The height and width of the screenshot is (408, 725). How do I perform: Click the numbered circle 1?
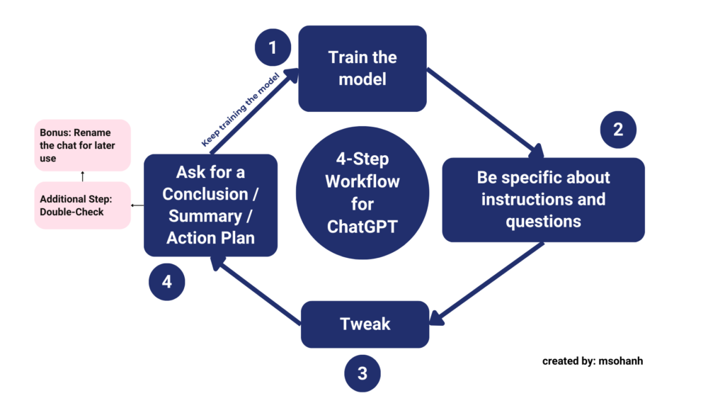pos(273,48)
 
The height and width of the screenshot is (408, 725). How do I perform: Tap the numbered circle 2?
pos(618,130)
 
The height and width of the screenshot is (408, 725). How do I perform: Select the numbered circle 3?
pos(362,373)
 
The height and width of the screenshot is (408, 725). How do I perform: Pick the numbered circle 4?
pos(166,281)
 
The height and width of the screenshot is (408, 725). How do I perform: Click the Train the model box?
pos(362,68)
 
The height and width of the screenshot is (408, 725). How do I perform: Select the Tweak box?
pos(365,324)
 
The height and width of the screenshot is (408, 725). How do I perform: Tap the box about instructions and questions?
pos(544,200)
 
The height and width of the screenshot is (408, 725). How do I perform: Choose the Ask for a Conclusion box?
pos(210,205)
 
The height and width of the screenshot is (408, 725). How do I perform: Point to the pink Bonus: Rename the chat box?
pos(83,145)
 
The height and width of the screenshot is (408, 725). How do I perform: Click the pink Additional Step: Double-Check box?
pos(83,205)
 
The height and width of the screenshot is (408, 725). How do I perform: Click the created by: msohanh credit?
pos(593,361)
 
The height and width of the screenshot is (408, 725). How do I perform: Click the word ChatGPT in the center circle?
pos(362,227)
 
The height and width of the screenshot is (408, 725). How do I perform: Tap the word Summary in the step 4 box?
pos(210,215)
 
